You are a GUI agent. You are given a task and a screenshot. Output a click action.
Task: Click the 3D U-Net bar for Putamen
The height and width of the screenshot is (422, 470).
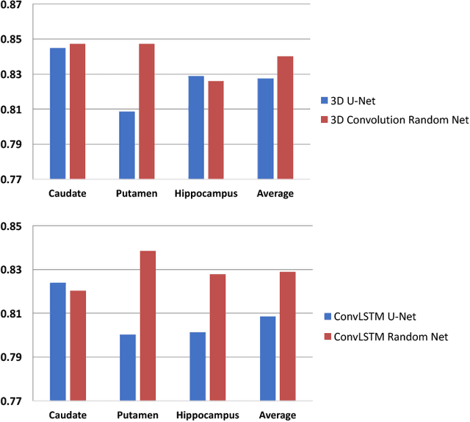[x=126, y=146]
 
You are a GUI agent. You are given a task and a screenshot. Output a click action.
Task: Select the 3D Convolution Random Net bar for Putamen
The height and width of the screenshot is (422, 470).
[x=146, y=112]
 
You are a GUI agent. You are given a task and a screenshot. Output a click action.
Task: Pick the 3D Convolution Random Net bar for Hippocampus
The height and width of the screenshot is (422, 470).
[x=216, y=130]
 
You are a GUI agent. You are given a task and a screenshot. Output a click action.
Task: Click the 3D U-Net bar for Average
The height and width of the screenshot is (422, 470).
[x=265, y=129]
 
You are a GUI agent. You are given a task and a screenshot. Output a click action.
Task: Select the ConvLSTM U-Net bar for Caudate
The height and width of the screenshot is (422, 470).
[x=57, y=342]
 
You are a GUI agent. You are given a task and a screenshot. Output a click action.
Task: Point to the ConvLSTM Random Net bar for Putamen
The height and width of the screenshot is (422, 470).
[x=148, y=326]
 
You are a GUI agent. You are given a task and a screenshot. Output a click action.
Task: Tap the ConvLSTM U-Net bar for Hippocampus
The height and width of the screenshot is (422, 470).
[x=198, y=366]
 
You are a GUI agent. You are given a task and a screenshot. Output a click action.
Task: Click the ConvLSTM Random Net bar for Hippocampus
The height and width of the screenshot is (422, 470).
[x=217, y=337]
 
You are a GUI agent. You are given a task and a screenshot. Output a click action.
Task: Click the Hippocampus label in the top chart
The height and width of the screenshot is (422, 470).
[x=206, y=194]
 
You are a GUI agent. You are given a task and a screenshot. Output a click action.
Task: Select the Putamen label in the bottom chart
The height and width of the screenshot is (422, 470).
[x=137, y=415]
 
